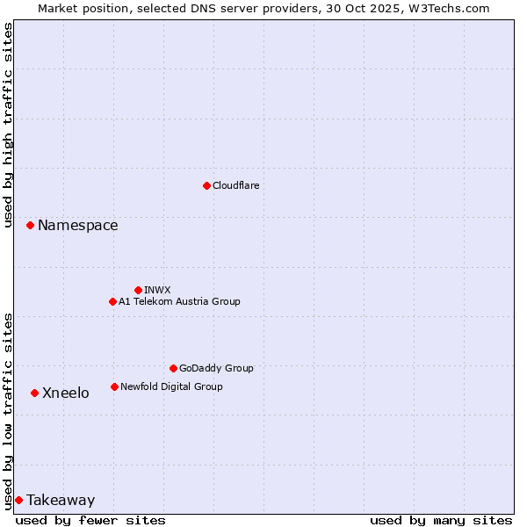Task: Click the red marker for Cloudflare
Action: (x=206, y=185)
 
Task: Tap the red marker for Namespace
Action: (x=30, y=226)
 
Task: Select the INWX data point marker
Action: (x=138, y=290)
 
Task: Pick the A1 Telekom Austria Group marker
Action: (x=112, y=301)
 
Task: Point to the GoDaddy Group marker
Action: (x=173, y=368)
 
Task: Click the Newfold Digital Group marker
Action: (x=114, y=386)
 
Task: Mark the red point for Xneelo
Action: (x=34, y=393)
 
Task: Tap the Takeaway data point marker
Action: (x=18, y=500)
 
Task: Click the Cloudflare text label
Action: (x=236, y=185)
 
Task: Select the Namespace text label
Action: (x=77, y=226)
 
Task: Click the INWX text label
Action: (x=157, y=290)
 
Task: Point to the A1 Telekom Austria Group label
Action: (x=179, y=301)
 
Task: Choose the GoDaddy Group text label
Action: (x=216, y=368)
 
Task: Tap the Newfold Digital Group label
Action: (x=171, y=386)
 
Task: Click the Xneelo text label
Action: (x=66, y=393)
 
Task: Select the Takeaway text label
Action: (x=61, y=501)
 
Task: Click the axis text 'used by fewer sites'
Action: (x=90, y=520)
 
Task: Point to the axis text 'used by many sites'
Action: (x=441, y=520)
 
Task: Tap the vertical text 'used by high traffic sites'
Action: (x=9, y=125)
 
